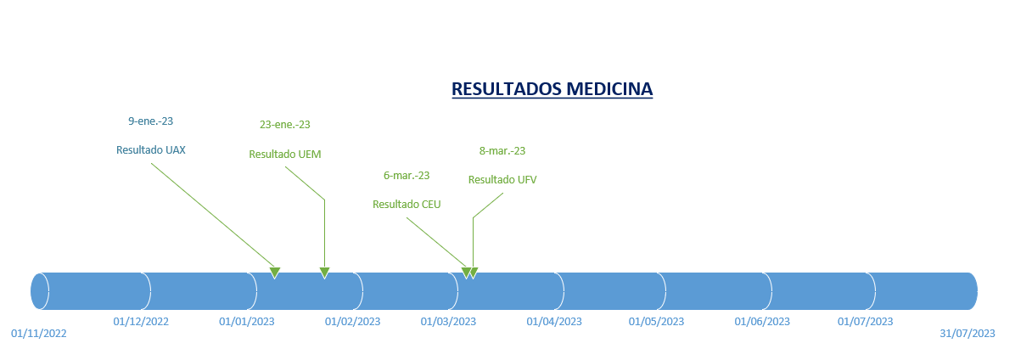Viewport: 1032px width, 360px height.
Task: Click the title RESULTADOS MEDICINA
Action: tap(552, 89)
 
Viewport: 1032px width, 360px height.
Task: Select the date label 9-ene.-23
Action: tap(151, 121)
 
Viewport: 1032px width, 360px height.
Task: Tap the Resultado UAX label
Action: tap(151, 149)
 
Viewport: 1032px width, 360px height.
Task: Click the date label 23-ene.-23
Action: tap(284, 125)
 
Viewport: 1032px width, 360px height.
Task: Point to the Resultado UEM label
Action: tap(284, 154)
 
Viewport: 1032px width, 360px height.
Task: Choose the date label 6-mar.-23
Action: tap(407, 176)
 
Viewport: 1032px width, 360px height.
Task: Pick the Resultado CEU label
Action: tap(407, 205)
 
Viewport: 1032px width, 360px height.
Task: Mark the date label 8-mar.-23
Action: tap(502, 151)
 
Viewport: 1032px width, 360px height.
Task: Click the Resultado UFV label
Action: tap(502, 179)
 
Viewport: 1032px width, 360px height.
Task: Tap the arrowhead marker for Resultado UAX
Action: tap(275, 273)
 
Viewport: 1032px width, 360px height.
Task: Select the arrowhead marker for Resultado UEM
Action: tap(324, 273)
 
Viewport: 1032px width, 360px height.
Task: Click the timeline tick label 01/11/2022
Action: tap(39, 334)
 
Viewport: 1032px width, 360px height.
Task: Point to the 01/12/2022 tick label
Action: tap(141, 321)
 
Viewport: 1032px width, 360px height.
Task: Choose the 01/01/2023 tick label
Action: tap(246, 321)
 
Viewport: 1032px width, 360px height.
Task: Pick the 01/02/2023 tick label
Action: tap(352, 321)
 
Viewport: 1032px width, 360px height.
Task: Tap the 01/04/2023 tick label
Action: tap(554, 321)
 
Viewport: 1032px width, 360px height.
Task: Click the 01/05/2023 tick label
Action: tap(656, 321)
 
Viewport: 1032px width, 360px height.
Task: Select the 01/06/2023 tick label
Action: tap(762, 321)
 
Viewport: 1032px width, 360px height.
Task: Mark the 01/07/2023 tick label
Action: tap(865, 321)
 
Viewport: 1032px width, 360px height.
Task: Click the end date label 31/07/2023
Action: tap(967, 334)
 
